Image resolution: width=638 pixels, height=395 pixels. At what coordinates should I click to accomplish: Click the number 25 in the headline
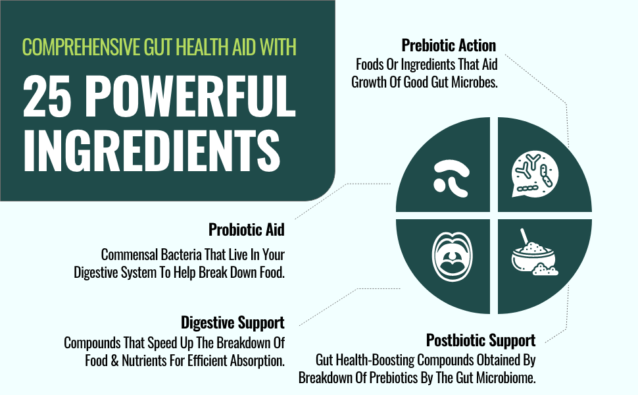coord(44,97)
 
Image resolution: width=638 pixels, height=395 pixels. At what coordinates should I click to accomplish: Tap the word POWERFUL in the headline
coord(189,97)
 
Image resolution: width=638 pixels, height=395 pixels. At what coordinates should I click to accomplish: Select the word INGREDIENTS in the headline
coord(152,150)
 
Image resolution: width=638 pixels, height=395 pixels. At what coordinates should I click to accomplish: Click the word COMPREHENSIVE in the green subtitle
coord(82,47)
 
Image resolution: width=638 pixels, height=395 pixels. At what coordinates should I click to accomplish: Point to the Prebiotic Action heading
coord(449,45)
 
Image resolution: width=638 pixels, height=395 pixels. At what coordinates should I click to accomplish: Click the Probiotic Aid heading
coord(247,230)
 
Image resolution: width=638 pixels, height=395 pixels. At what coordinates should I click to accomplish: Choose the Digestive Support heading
coord(233,323)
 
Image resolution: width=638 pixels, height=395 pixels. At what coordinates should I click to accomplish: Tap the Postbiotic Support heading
coord(481,340)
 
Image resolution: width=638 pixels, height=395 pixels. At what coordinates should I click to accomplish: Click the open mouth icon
coord(452,257)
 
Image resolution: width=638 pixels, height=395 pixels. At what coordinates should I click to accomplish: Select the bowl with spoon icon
coord(533,255)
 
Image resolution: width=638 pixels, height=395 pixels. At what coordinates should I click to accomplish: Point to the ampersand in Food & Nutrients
coord(114,361)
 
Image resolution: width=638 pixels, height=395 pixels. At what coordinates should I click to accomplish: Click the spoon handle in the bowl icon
coord(524,236)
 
